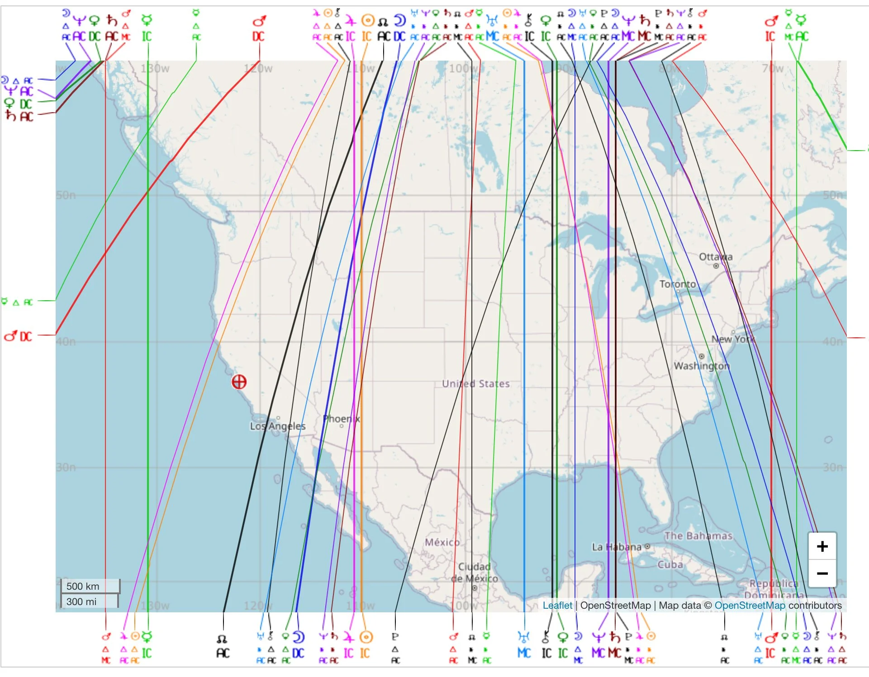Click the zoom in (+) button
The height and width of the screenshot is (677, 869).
822,546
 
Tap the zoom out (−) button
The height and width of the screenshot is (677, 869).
822,573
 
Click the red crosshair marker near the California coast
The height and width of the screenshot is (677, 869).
239,382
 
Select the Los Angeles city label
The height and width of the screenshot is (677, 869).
278,426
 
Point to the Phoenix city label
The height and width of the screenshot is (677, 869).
342,419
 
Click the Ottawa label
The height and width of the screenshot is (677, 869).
716,257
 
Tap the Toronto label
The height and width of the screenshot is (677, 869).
677,284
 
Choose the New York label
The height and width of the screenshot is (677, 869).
733,339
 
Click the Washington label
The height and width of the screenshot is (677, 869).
702,365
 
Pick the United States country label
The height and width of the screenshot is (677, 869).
475,383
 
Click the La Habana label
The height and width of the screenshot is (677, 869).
617,547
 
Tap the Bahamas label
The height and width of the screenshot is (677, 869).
698,536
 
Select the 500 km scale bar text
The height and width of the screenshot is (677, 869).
83,586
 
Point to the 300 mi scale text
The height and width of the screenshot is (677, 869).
81,601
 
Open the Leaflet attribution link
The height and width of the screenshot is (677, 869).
557,605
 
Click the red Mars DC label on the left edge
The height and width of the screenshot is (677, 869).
19,336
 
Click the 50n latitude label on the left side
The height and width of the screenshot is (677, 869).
66,195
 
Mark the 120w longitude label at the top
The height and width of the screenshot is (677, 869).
258,69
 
